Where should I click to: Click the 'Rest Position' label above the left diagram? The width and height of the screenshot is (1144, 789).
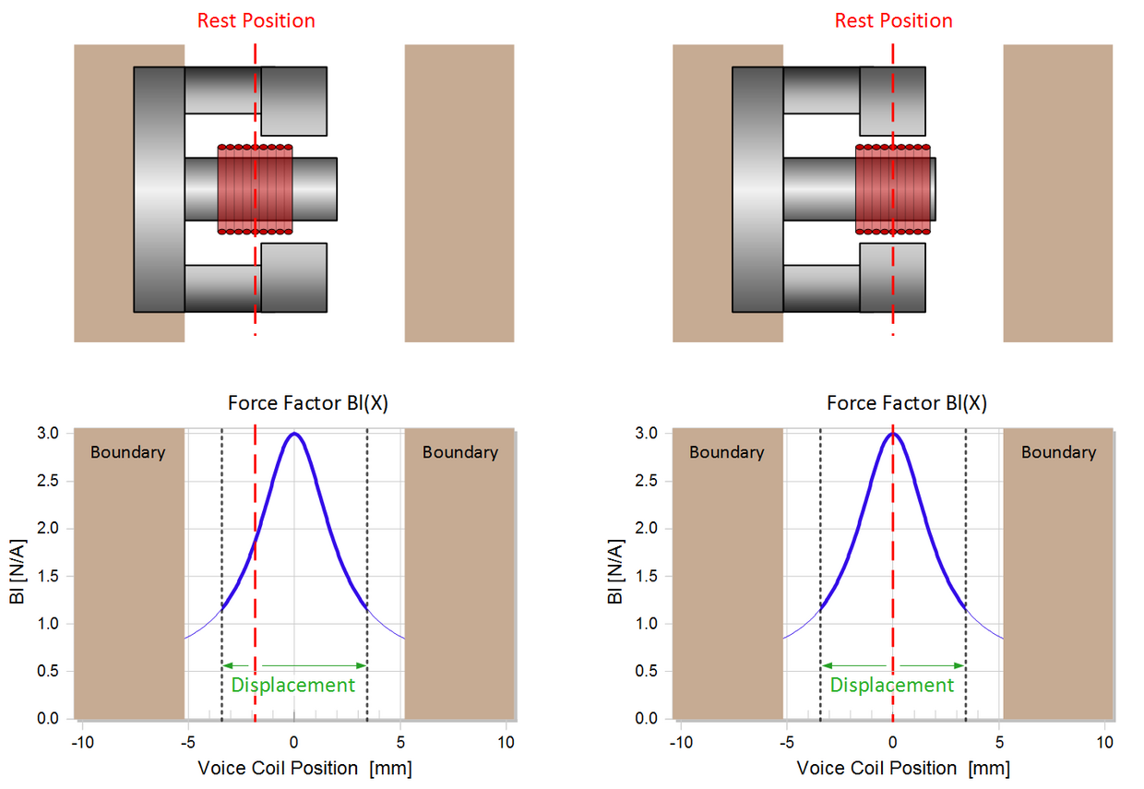256,20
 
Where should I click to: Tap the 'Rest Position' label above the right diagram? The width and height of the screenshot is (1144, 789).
893,20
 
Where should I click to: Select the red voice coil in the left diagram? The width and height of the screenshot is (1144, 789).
256,189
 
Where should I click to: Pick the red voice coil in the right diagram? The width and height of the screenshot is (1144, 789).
893,189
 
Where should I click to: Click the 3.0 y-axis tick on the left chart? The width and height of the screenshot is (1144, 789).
49,434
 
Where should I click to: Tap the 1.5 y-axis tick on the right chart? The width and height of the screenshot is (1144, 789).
648,577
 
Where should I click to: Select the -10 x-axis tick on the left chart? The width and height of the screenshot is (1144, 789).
82,741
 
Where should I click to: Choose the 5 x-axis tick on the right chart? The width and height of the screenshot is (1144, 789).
1000,741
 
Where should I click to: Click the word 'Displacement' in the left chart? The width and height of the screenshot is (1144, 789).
292,685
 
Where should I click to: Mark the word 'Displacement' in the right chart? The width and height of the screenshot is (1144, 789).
892,685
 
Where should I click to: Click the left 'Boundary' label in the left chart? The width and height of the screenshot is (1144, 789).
127,452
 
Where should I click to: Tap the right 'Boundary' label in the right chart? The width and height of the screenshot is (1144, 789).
1058,452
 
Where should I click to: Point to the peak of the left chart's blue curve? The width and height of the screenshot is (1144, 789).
293,434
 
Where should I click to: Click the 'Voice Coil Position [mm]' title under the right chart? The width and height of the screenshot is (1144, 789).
903,768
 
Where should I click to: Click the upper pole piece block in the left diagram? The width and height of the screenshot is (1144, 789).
293,101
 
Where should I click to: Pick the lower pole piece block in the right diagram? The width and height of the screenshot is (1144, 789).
892,277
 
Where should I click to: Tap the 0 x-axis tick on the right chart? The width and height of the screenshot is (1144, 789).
893,741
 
